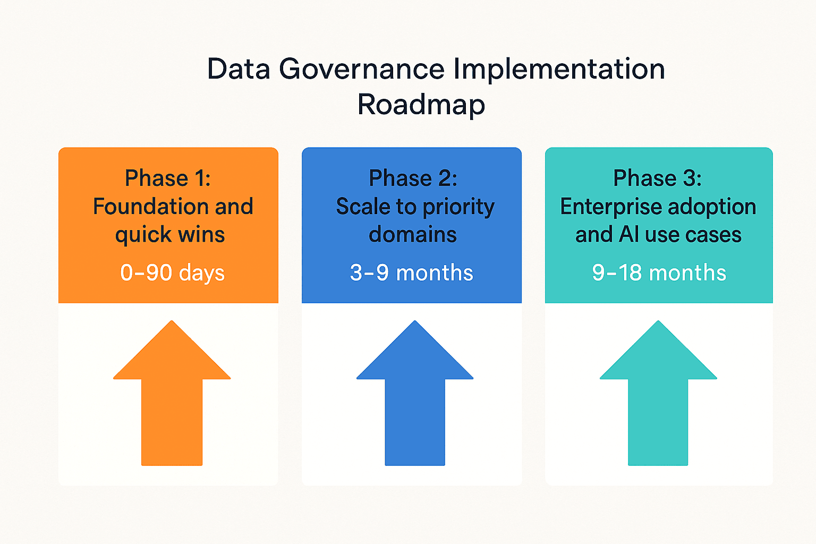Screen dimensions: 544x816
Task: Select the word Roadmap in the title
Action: click(421, 104)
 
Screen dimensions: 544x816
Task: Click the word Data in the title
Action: click(239, 70)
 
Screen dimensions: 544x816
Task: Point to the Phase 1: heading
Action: click(168, 178)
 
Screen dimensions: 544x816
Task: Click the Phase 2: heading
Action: click(413, 178)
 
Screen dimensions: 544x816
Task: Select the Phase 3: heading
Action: click(657, 178)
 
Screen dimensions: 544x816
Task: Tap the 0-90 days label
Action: click(172, 273)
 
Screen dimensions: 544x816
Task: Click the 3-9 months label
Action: click(411, 273)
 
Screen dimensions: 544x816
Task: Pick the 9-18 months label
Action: click(659, 273)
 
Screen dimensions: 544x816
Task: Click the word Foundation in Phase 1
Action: click(150, 207)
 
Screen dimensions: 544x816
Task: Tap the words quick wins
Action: click(170, 235)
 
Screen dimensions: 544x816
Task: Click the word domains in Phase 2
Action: click(413, 235)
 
